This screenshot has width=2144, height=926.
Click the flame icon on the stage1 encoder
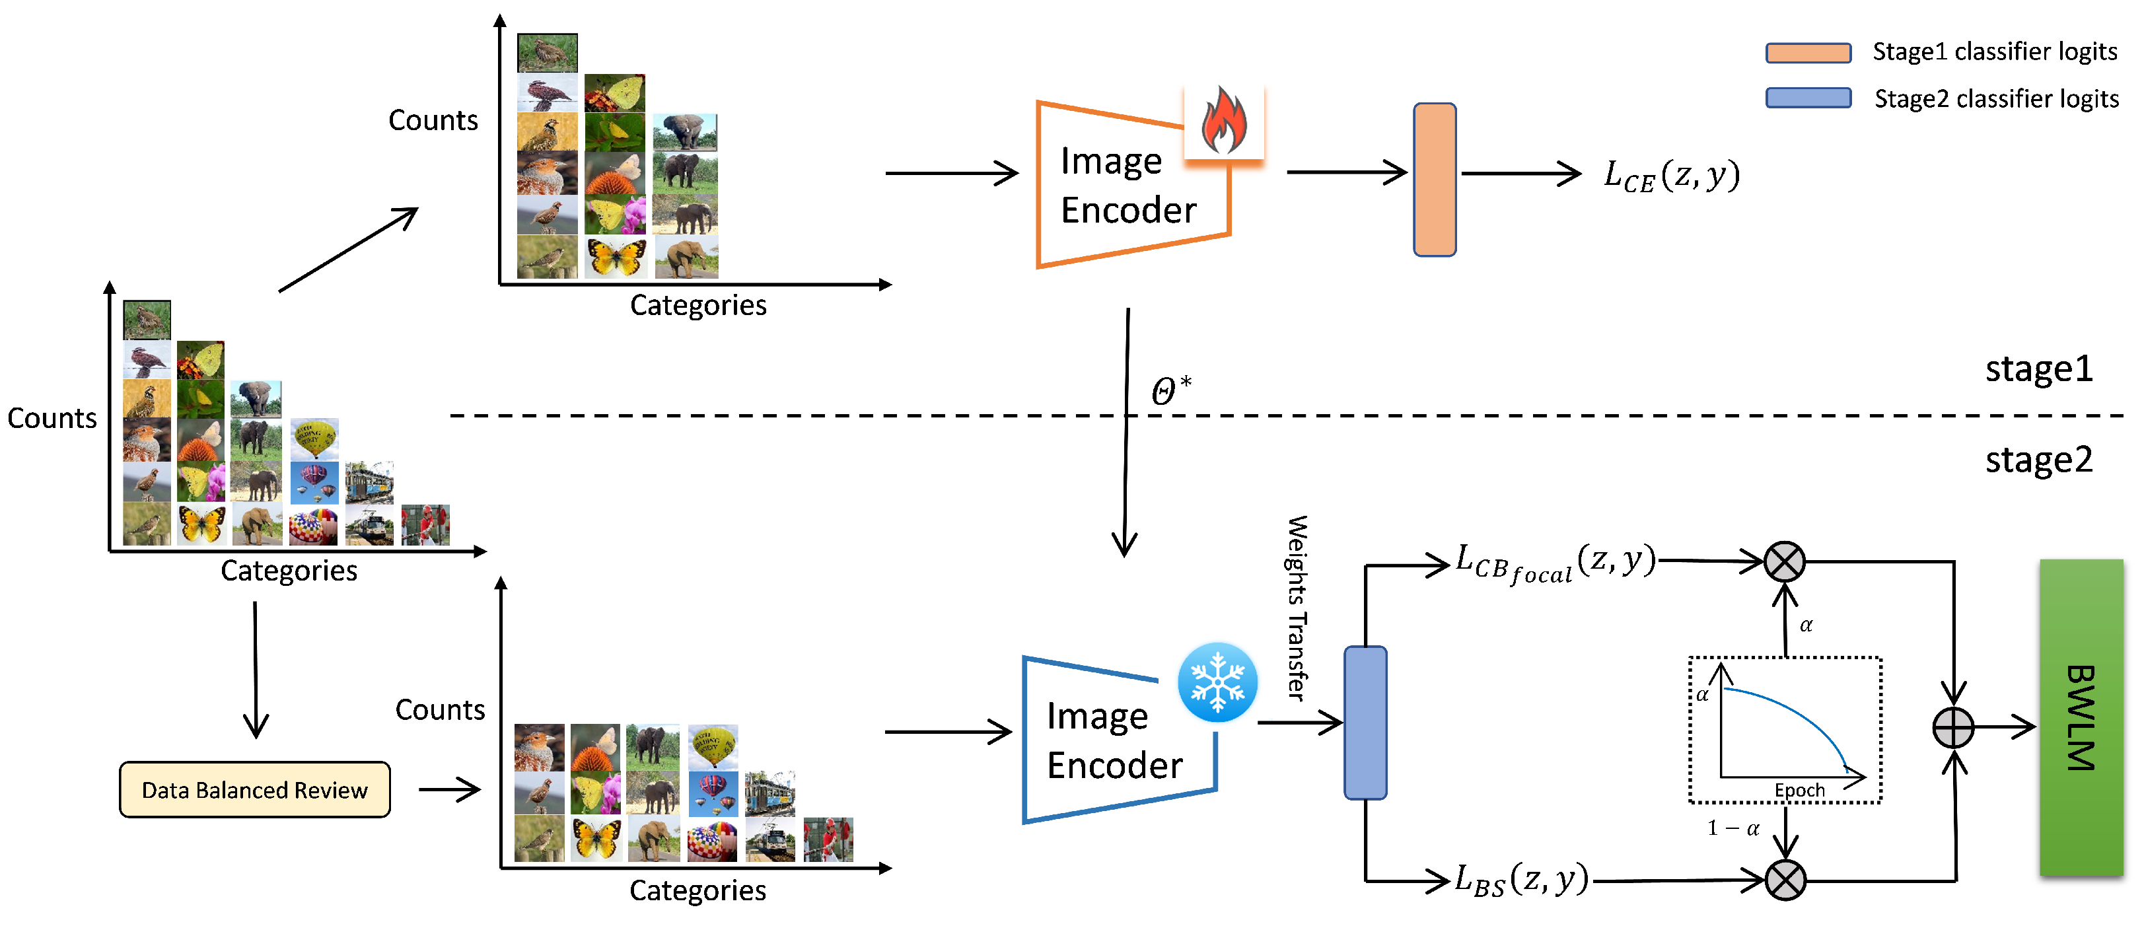1223,122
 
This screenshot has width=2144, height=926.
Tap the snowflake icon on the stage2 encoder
1217,682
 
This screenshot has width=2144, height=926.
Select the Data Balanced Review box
255,789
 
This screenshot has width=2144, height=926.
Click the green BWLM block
2080,717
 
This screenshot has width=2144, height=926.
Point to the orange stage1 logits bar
1434,180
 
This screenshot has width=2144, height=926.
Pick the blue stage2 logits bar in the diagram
1365,722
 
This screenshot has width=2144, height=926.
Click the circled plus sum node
1952,728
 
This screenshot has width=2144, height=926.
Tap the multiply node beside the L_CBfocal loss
1785,561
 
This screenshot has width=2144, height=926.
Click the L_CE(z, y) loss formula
1671,176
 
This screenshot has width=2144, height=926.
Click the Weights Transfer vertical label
1297,608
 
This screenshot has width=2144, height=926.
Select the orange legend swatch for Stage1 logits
1808,52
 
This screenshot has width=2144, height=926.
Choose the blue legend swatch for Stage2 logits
1808,98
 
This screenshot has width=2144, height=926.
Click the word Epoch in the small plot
1799,789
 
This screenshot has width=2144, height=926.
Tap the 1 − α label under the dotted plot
1733,828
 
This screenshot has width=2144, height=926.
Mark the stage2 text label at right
2038,459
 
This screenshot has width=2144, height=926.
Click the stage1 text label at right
2038,369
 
